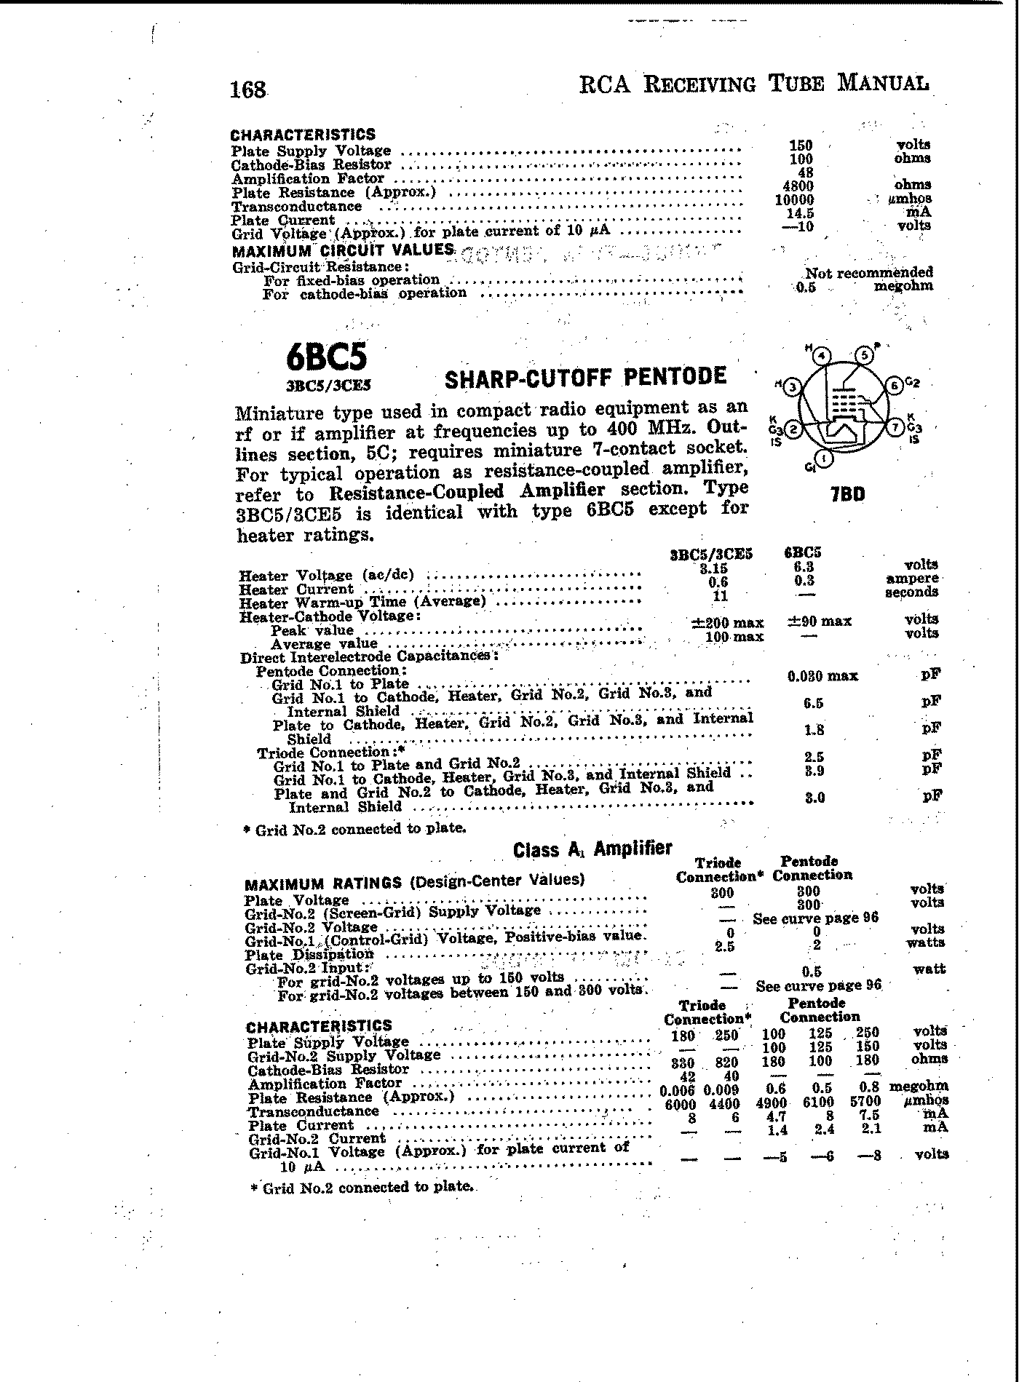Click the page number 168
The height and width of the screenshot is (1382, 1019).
(247, 90)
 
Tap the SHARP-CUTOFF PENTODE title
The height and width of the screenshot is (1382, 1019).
(585, 377)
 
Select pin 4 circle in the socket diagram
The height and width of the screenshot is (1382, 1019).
(822, 356)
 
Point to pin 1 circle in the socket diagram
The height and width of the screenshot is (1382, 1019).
(823, 459)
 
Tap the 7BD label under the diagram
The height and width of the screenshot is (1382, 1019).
(848, 494)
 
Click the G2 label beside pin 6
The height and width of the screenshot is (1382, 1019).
(913, 383)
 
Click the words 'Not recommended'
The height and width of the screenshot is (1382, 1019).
(868, 273)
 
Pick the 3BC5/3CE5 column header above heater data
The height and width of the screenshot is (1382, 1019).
(710, 554)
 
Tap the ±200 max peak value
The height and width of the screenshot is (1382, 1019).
(727, 622)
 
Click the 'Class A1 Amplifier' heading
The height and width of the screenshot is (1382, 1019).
(592, 849)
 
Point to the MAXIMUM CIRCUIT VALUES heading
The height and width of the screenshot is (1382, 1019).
(342, 251)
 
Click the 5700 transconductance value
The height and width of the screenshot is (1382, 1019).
(865, 1102)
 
